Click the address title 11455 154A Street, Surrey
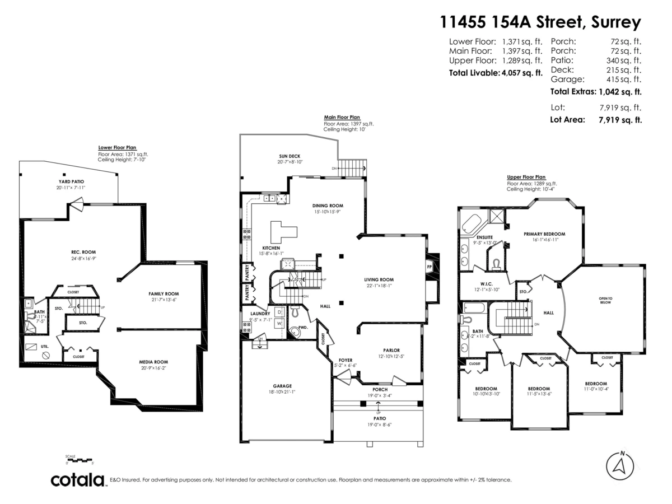(540, 22)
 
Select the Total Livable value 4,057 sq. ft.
(521, 73)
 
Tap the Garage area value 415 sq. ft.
(626, 79)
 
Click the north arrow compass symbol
(620, 465)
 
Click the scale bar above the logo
(79, 460)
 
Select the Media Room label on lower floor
(153, 362)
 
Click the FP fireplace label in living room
(429, 267)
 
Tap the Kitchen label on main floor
(271, 248)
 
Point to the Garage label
(282, 385)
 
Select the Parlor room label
(391, 350)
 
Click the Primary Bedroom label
(544, 234)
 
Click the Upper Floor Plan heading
(526, 177)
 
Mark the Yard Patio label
(71, 181)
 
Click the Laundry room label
(260, 314)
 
